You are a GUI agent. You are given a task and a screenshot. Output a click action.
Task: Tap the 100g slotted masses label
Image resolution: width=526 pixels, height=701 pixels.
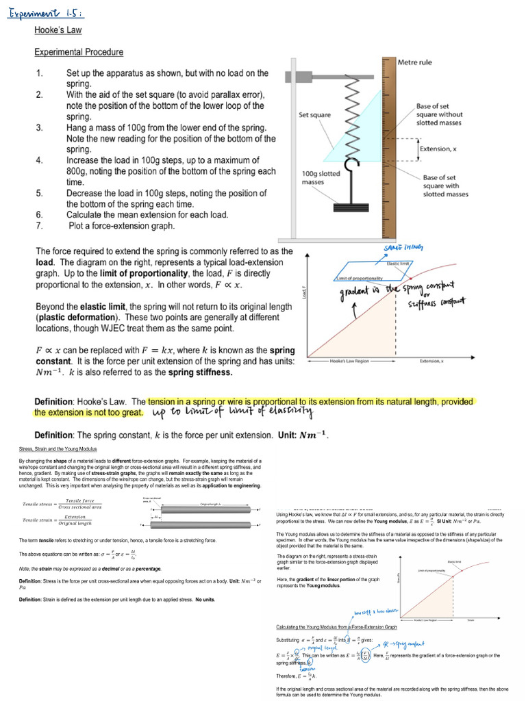[x=321, y=178]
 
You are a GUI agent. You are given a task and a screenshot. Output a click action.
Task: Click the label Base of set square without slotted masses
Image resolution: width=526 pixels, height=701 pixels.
[x=440, y=114]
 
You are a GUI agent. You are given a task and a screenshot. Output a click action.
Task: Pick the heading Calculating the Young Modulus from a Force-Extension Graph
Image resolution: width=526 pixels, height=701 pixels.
[x=336, y=626]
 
